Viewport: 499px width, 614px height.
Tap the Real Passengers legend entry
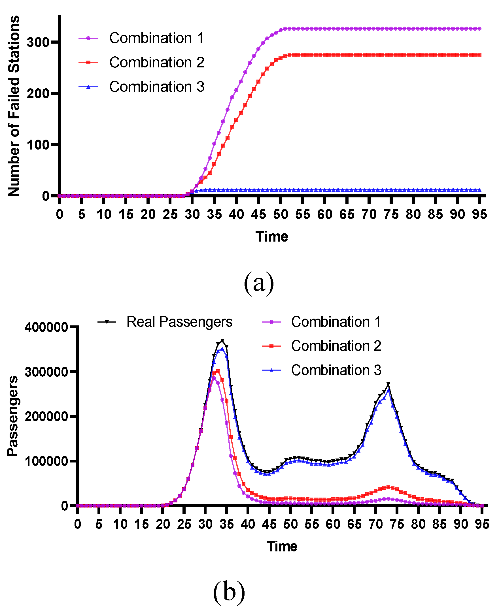179,322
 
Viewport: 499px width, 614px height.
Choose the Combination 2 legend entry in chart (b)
336,346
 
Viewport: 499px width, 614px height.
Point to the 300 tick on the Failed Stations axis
38,42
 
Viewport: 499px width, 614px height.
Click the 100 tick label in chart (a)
38,145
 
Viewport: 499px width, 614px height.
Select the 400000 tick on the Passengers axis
46,327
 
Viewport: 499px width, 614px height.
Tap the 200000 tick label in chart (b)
46,417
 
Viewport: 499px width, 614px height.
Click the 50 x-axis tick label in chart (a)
281,215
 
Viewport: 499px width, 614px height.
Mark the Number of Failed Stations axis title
14,106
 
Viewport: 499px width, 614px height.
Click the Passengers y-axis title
13,416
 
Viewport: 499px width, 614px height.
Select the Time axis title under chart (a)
272,237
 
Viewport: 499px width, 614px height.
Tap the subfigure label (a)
259,283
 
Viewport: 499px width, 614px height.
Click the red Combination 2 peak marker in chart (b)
218,371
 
